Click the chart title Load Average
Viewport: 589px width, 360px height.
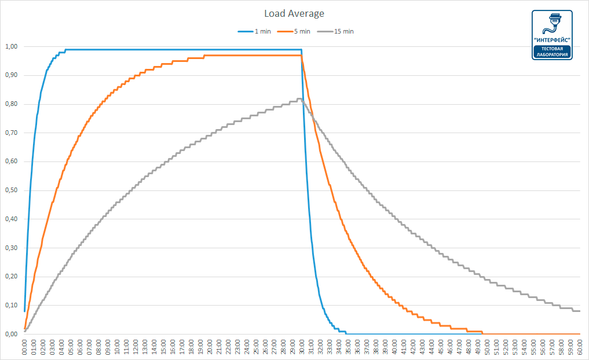294,13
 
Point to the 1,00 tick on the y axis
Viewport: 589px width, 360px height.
11,46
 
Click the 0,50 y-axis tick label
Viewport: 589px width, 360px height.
11,190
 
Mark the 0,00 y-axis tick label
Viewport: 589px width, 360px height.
11,334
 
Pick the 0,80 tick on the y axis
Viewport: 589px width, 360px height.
11,104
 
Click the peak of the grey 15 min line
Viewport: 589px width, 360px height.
299,99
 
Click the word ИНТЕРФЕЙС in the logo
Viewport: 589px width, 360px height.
553,39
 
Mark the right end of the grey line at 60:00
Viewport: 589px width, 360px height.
579,311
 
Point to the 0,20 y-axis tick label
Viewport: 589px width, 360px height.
11,277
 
